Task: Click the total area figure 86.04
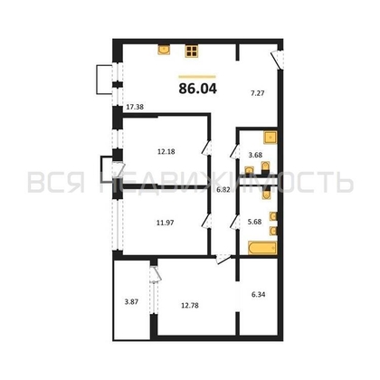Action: click(197, 89)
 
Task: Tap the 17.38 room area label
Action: click(135, 107)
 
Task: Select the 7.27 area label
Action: click(258, 93)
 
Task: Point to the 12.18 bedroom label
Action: click(166, 151)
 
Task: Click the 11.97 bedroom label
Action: click(165, 223)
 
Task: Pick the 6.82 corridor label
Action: click(223, 190)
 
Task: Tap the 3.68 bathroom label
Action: click(255, 155)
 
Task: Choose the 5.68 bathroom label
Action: click(254, 222)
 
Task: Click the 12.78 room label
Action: click(190, 306)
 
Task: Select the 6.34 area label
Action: click(259, 294)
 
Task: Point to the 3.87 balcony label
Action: click(131, 301)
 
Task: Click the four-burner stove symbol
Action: click(191, 52)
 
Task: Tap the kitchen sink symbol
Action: click(164, 50)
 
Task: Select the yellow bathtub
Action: click(262, 248)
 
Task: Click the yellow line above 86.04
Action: click(197, 77)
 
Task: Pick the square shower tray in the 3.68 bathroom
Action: click(271, 138)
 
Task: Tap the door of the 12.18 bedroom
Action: click(206, 148)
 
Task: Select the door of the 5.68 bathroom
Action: click(235, 222)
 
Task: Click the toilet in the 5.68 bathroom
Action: click(265, 193)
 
